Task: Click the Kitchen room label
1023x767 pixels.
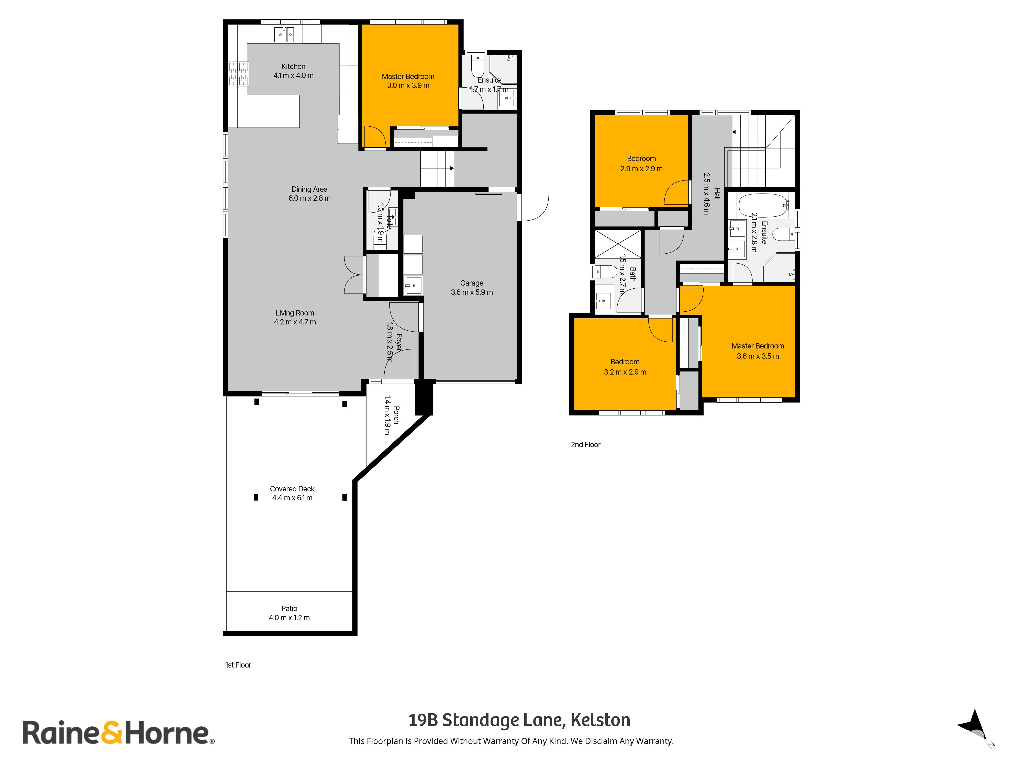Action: point(293,66)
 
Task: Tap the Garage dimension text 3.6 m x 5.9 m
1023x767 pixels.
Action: point(472,292)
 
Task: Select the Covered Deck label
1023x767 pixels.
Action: point(292,489)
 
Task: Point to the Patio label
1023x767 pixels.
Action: point(290,608)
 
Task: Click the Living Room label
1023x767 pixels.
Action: point(295,313)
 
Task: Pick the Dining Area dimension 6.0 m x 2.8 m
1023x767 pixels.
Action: point(309,198)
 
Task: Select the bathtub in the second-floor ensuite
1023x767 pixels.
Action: point(764,206)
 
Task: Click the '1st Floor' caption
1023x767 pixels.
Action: point(238,665)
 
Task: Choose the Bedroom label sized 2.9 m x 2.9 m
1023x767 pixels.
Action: point(641,159)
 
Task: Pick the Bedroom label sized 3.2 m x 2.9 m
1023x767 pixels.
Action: point(625,362)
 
